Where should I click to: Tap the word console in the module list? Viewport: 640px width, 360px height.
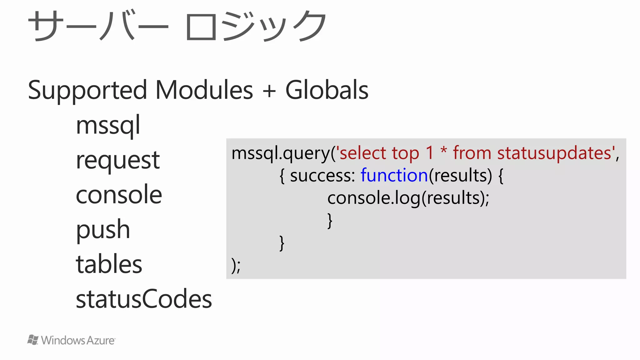click(x=119, y=195)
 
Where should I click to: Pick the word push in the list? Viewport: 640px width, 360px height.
click(x=103, y=230)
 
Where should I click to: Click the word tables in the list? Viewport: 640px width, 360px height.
click(x=109, y=264)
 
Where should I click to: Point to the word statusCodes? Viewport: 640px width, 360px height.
click(x=144, y=299)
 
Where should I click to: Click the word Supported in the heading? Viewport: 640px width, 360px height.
click(x=87, y=90)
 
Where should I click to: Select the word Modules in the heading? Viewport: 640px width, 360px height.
click(x=204, y=90)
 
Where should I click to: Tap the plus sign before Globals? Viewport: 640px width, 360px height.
click(x=269, y=91)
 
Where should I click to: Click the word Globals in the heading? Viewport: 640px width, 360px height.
click(x=327, y=90)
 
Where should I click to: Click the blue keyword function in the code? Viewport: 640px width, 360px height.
click(x=394, y=175)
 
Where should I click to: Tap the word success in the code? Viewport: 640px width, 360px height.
click(x=322, y=176)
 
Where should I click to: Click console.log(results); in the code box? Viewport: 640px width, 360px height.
click(x=408, y=198)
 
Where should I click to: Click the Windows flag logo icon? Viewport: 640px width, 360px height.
click(x=33, y=340)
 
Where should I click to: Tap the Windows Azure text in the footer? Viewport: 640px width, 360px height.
click(x=78, y=340)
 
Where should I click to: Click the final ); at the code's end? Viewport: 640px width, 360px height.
click(x=236, y=266)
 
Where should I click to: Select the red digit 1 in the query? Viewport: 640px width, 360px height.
click(x=430, y=153)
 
